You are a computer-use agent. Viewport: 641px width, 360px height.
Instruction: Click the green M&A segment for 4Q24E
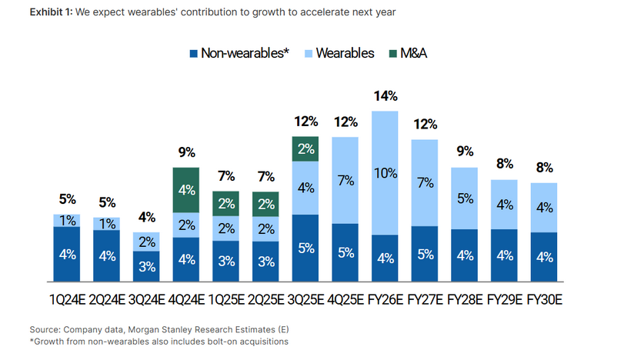coord(186,188)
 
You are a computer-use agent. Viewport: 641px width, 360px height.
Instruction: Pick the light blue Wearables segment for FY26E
coord(386,173)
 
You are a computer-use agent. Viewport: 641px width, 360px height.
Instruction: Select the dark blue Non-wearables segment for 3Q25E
coord(305,248)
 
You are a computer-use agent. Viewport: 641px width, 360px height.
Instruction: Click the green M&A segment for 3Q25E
coord(305,149)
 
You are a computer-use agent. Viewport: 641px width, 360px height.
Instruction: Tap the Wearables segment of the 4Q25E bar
coord(346,181)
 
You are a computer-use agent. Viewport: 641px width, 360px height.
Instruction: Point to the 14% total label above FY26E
coord(386,96)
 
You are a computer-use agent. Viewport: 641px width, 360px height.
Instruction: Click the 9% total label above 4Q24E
coord(186,153)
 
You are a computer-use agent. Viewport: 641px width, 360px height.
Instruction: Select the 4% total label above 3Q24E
coord(146,218)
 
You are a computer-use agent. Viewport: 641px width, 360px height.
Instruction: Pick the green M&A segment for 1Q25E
coord(225,203)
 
